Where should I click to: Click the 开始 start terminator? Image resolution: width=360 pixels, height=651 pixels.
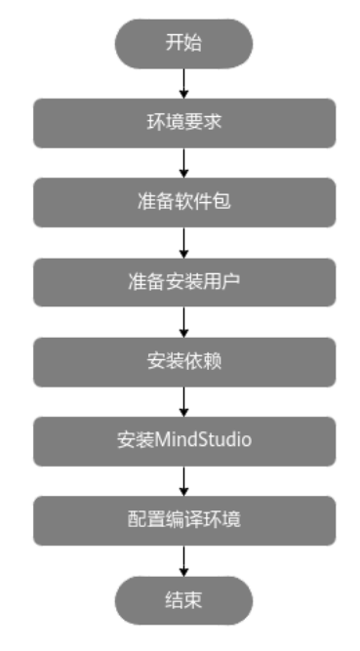[183, 42]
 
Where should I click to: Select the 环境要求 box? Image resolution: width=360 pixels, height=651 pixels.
[183, 123]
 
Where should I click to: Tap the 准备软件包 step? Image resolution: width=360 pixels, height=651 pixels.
[183, 202]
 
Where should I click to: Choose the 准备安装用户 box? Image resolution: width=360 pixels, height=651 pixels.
[183, 281]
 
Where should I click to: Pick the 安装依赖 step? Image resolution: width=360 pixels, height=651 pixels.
[183, 360]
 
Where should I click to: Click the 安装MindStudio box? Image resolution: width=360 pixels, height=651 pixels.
[183, 439]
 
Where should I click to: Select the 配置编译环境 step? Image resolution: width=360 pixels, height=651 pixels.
[183, 518]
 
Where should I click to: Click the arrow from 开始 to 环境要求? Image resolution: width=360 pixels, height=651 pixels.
[183, 82]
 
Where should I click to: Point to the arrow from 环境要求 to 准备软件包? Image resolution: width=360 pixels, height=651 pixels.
[183, 162]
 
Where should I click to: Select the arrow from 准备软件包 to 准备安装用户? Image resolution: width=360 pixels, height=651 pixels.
[183, 241]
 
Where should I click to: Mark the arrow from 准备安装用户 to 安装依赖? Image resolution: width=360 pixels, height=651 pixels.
[183, 320]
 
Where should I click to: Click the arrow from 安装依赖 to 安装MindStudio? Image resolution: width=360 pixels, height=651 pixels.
[183, 399]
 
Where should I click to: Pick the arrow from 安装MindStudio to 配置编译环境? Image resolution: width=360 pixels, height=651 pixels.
[183, 478]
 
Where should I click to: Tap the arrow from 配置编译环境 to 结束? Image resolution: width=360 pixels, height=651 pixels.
[183, 558]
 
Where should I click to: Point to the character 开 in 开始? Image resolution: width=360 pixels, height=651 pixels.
[174, 42]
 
